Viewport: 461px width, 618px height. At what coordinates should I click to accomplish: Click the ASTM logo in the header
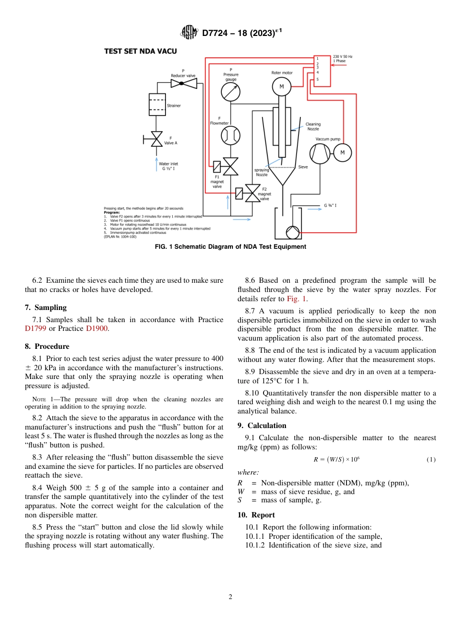point(189,33)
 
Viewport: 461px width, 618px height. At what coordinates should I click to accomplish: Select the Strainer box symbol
point(157,104)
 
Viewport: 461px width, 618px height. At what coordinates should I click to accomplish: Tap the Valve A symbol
point(157,139)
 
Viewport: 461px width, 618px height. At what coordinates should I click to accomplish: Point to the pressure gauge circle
point(230,91)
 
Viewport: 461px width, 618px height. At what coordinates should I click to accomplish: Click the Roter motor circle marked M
point(281,87)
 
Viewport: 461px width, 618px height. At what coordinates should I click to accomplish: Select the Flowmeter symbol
point(230,135)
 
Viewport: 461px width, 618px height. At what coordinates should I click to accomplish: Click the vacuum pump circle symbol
point(320,153)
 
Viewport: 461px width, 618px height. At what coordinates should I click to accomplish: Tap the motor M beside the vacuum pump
point(343,153)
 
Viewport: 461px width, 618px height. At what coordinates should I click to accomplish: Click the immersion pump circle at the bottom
point(293,232)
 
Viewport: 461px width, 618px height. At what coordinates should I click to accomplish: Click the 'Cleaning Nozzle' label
point(313,126)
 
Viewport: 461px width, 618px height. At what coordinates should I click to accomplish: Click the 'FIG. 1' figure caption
point(230,247)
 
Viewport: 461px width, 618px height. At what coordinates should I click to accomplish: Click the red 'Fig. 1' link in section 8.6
point(296,299)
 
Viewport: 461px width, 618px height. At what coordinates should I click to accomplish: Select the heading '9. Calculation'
point(262,426)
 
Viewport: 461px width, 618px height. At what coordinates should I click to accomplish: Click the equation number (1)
point(430,460)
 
